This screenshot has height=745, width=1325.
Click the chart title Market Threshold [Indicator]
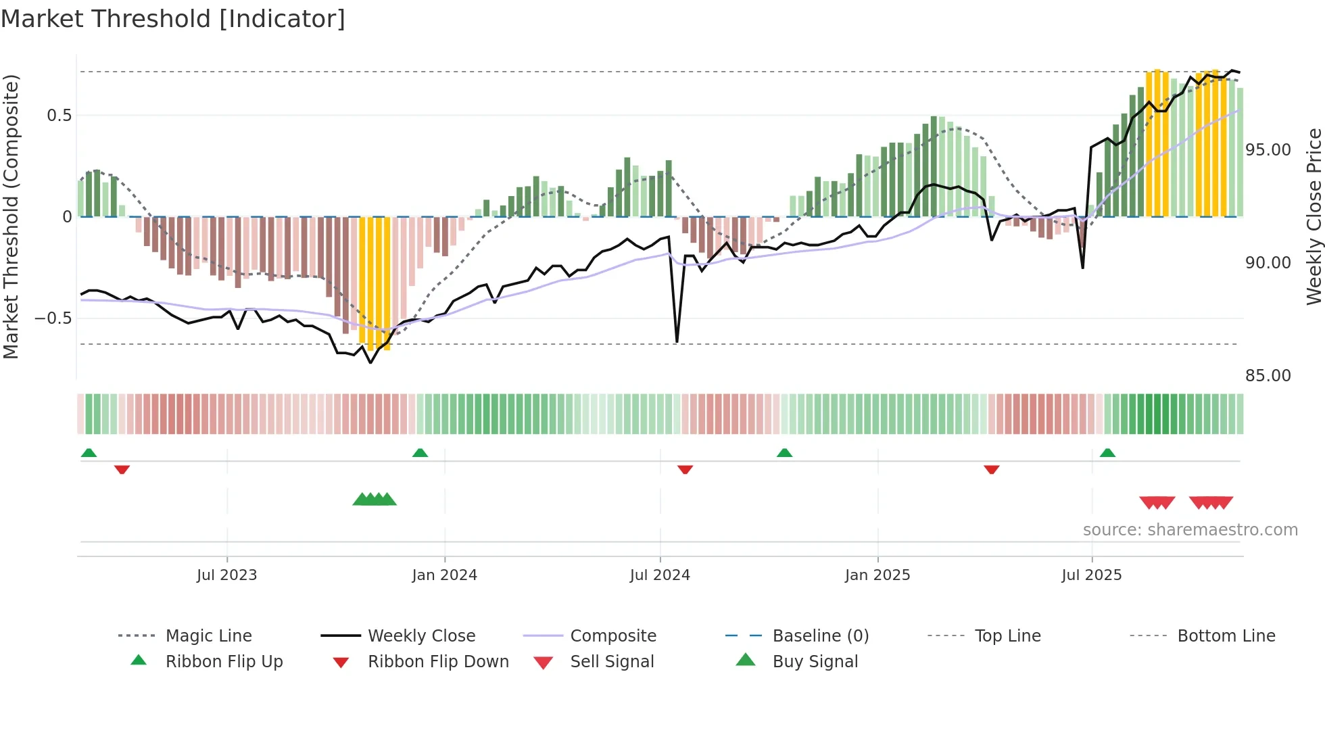point(173,19)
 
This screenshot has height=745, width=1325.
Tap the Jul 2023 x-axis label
point(226,575)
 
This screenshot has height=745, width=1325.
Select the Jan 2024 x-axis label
point(444,575)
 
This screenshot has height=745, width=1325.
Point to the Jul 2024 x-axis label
point(660,575)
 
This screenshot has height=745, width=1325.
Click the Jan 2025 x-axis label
point(877,575)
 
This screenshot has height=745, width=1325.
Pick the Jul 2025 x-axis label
point(1092,575)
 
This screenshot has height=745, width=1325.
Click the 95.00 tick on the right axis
point(1268,150)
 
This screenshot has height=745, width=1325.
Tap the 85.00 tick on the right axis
point(1268,376)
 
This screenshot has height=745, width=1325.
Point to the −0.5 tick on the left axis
point(53,318)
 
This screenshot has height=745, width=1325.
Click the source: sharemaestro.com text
point(1190,530)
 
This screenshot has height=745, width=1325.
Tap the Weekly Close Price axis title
point(1314,216)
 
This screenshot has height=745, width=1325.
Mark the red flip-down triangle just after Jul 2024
point(685,468)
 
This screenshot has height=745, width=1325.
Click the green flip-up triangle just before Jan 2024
point(420,453)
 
